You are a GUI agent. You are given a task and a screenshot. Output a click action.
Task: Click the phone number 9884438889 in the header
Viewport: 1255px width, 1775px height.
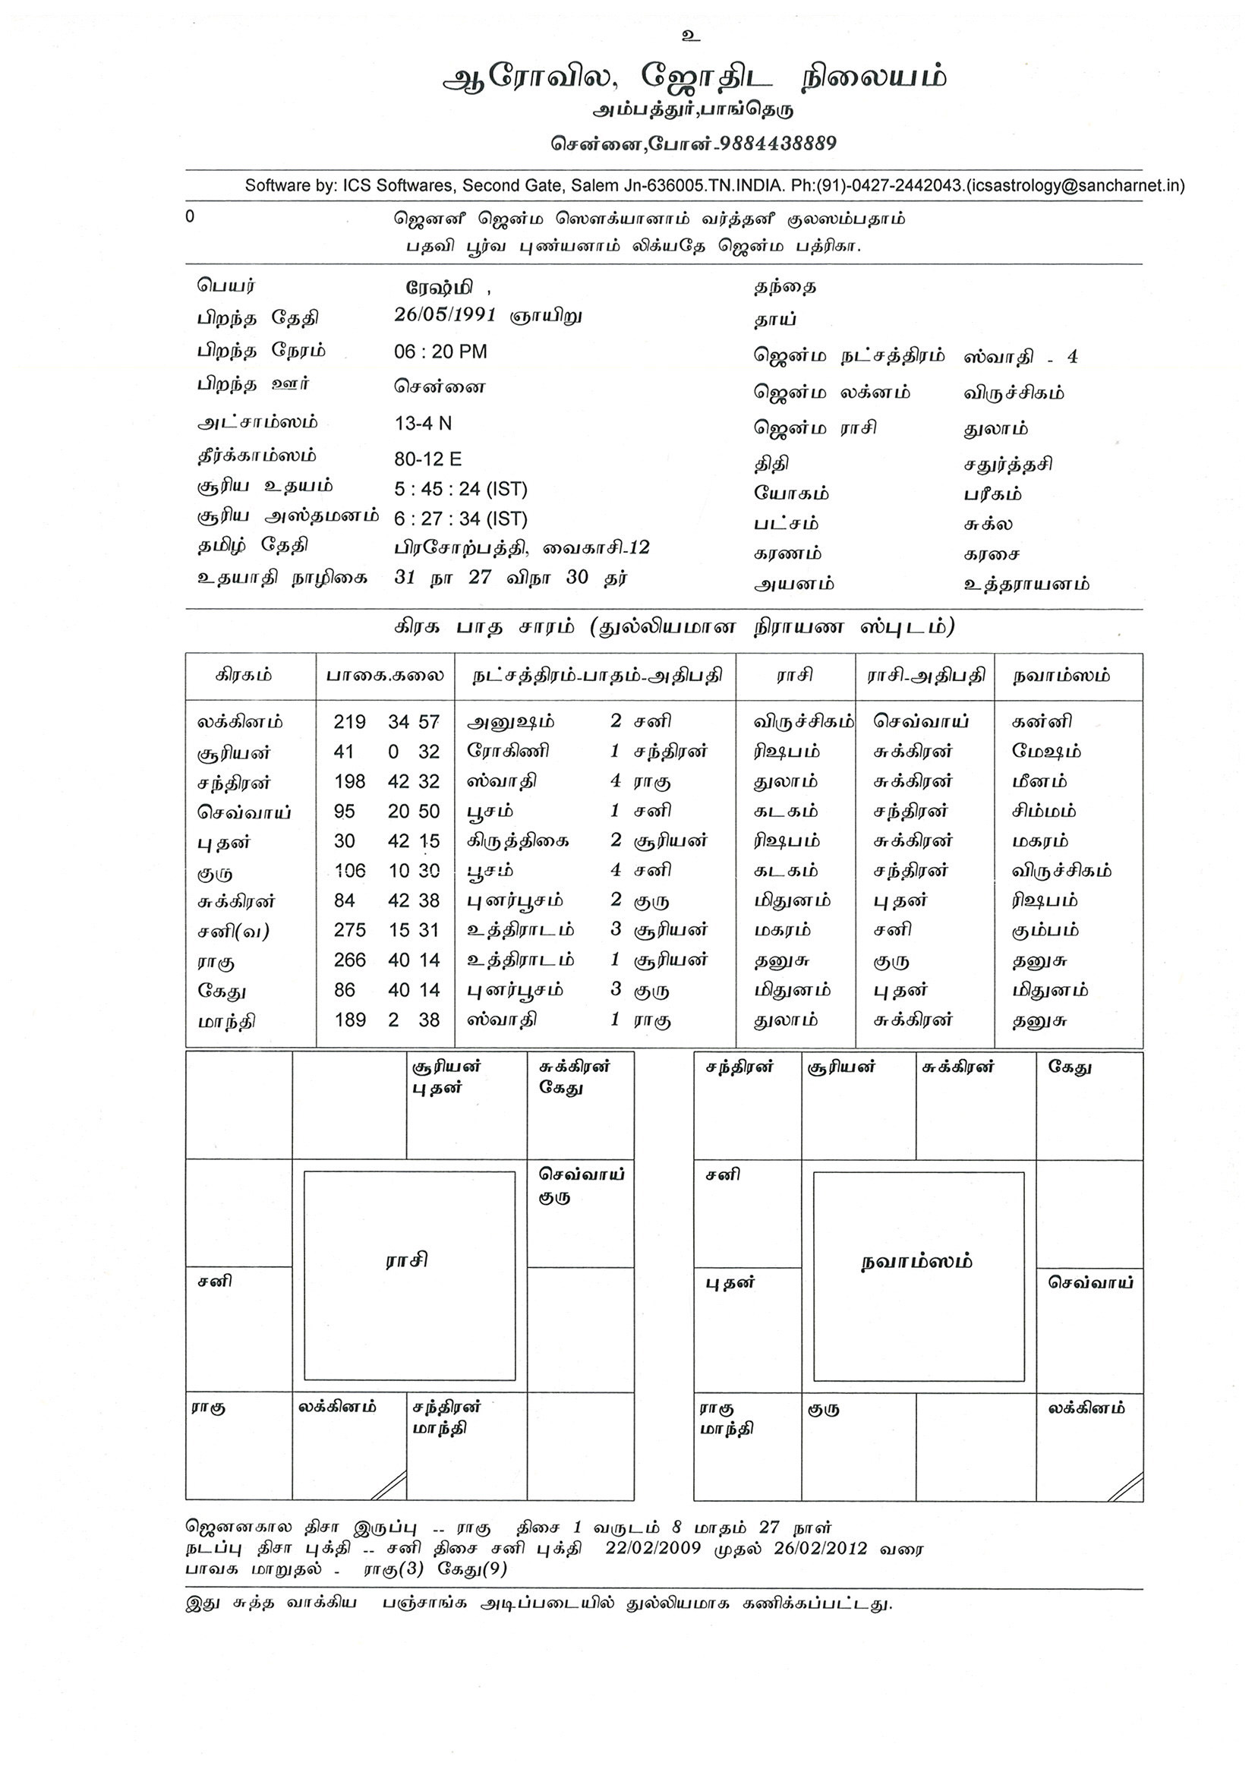click(775, 143)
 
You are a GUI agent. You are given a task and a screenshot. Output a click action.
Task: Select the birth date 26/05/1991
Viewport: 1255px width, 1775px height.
click(445, 315)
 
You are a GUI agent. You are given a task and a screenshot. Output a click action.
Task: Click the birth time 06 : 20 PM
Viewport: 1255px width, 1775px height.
click(440, 352)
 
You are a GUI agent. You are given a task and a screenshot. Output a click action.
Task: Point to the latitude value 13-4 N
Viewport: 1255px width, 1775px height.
click(423, 423)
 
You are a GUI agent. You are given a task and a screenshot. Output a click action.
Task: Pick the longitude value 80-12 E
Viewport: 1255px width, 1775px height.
click(427, 459)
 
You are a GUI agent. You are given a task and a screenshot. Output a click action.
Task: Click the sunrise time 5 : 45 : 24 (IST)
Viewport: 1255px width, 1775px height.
click(460, 490)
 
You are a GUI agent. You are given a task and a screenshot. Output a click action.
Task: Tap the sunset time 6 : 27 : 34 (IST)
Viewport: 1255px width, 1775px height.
click(460, 519)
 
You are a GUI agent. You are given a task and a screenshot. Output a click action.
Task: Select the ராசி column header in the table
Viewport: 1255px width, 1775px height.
click(794, 676)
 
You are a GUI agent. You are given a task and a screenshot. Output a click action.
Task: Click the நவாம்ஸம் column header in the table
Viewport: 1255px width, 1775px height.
click(1061, 676)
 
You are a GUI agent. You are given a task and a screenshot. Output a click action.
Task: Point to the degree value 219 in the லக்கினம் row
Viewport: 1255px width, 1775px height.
click(349, 722)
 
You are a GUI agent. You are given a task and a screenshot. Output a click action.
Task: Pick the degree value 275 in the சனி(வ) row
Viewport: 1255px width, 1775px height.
click(349, 930)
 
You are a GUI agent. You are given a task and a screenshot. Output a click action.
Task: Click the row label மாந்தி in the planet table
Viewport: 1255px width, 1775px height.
click(225, 1021)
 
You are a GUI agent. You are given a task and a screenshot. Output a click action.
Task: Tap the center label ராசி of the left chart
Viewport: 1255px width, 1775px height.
click(407, 1261)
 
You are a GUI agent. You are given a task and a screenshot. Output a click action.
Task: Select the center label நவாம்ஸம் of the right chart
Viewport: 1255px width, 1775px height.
click(916, 1262)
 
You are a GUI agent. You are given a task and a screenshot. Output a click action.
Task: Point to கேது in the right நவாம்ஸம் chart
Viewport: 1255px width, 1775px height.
click(1070, 1067)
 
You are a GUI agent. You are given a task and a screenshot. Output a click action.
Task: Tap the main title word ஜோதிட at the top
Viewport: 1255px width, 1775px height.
click(706, 77)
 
